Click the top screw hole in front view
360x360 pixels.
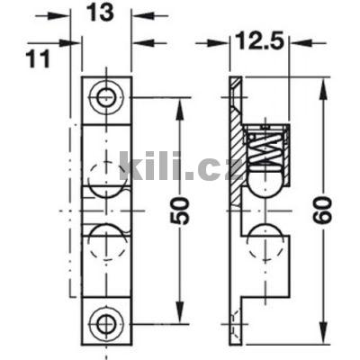click(108, 95)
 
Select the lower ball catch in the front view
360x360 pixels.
click(108, 241)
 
